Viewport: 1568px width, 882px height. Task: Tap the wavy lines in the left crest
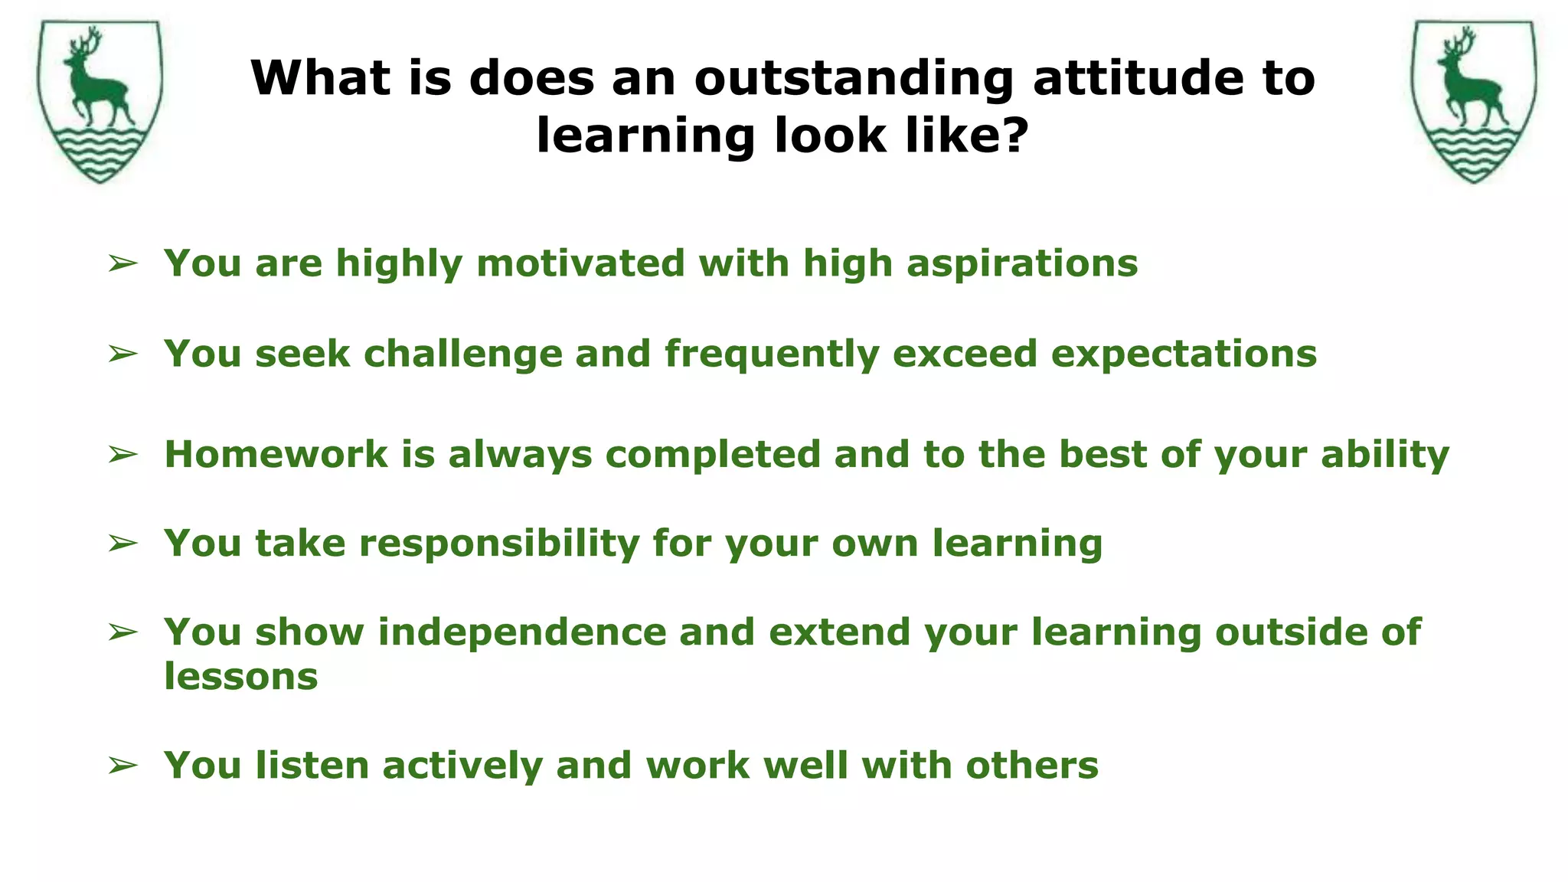100,153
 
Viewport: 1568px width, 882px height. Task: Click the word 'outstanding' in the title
854,78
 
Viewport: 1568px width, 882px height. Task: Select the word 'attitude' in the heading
1138,78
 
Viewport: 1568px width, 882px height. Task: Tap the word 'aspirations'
1022,263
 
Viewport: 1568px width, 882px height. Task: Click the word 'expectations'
1184,354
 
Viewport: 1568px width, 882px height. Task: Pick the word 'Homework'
276,454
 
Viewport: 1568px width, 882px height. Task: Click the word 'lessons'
240,677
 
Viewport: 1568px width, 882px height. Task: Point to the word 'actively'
462,766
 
